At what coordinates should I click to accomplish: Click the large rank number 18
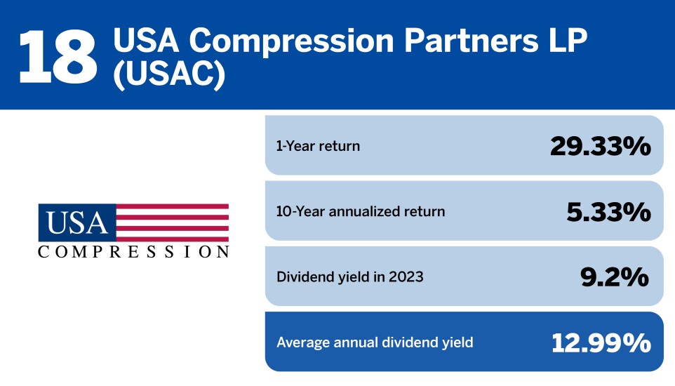58,57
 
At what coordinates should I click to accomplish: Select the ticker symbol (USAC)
168,74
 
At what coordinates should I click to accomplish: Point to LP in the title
568,40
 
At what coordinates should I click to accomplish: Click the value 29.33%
601,146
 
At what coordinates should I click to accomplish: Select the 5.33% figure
609,211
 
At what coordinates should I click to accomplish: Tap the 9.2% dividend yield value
615,277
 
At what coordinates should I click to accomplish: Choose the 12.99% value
601,343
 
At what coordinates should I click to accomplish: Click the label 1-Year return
318,146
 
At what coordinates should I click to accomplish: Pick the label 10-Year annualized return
361,211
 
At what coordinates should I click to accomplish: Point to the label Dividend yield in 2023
350,277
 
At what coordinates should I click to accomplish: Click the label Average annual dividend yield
375,342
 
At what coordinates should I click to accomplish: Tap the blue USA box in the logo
77,222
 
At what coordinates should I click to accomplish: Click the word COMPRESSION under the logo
133,251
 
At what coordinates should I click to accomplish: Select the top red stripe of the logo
172,206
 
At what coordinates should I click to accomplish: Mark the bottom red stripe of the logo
172,239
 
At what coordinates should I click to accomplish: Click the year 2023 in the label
406,277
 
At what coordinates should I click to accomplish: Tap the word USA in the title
145,41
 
